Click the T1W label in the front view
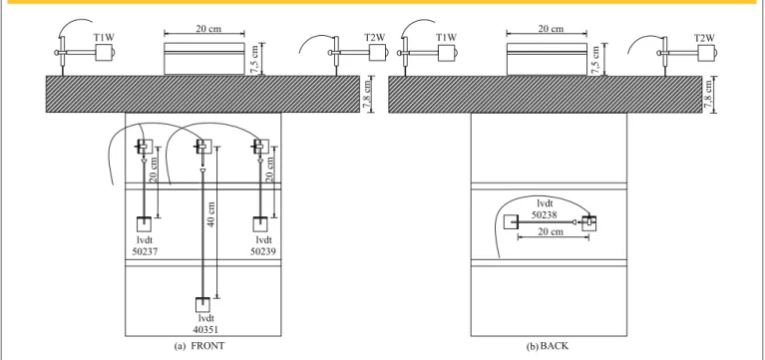pos(105,37)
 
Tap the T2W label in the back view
pos(704,38)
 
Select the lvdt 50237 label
pos(145,245)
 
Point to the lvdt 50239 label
pos(263,245)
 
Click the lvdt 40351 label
pos(205,324)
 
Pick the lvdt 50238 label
pos(545,208)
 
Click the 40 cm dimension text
pos(211,214)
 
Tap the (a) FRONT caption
pos(199,346)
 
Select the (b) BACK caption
pos(548,346)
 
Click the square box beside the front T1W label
pos(104,53)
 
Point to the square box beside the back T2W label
pos(706,53)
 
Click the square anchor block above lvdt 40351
pos(202,305)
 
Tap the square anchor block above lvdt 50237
pos(144,224)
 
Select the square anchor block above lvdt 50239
pos(260,224)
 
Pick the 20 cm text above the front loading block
pos(208,28)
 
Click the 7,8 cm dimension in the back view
pos(709,94)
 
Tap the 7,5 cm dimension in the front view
pos(254,59)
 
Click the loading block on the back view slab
pos(547,59)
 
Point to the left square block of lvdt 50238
pos(511,222)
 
